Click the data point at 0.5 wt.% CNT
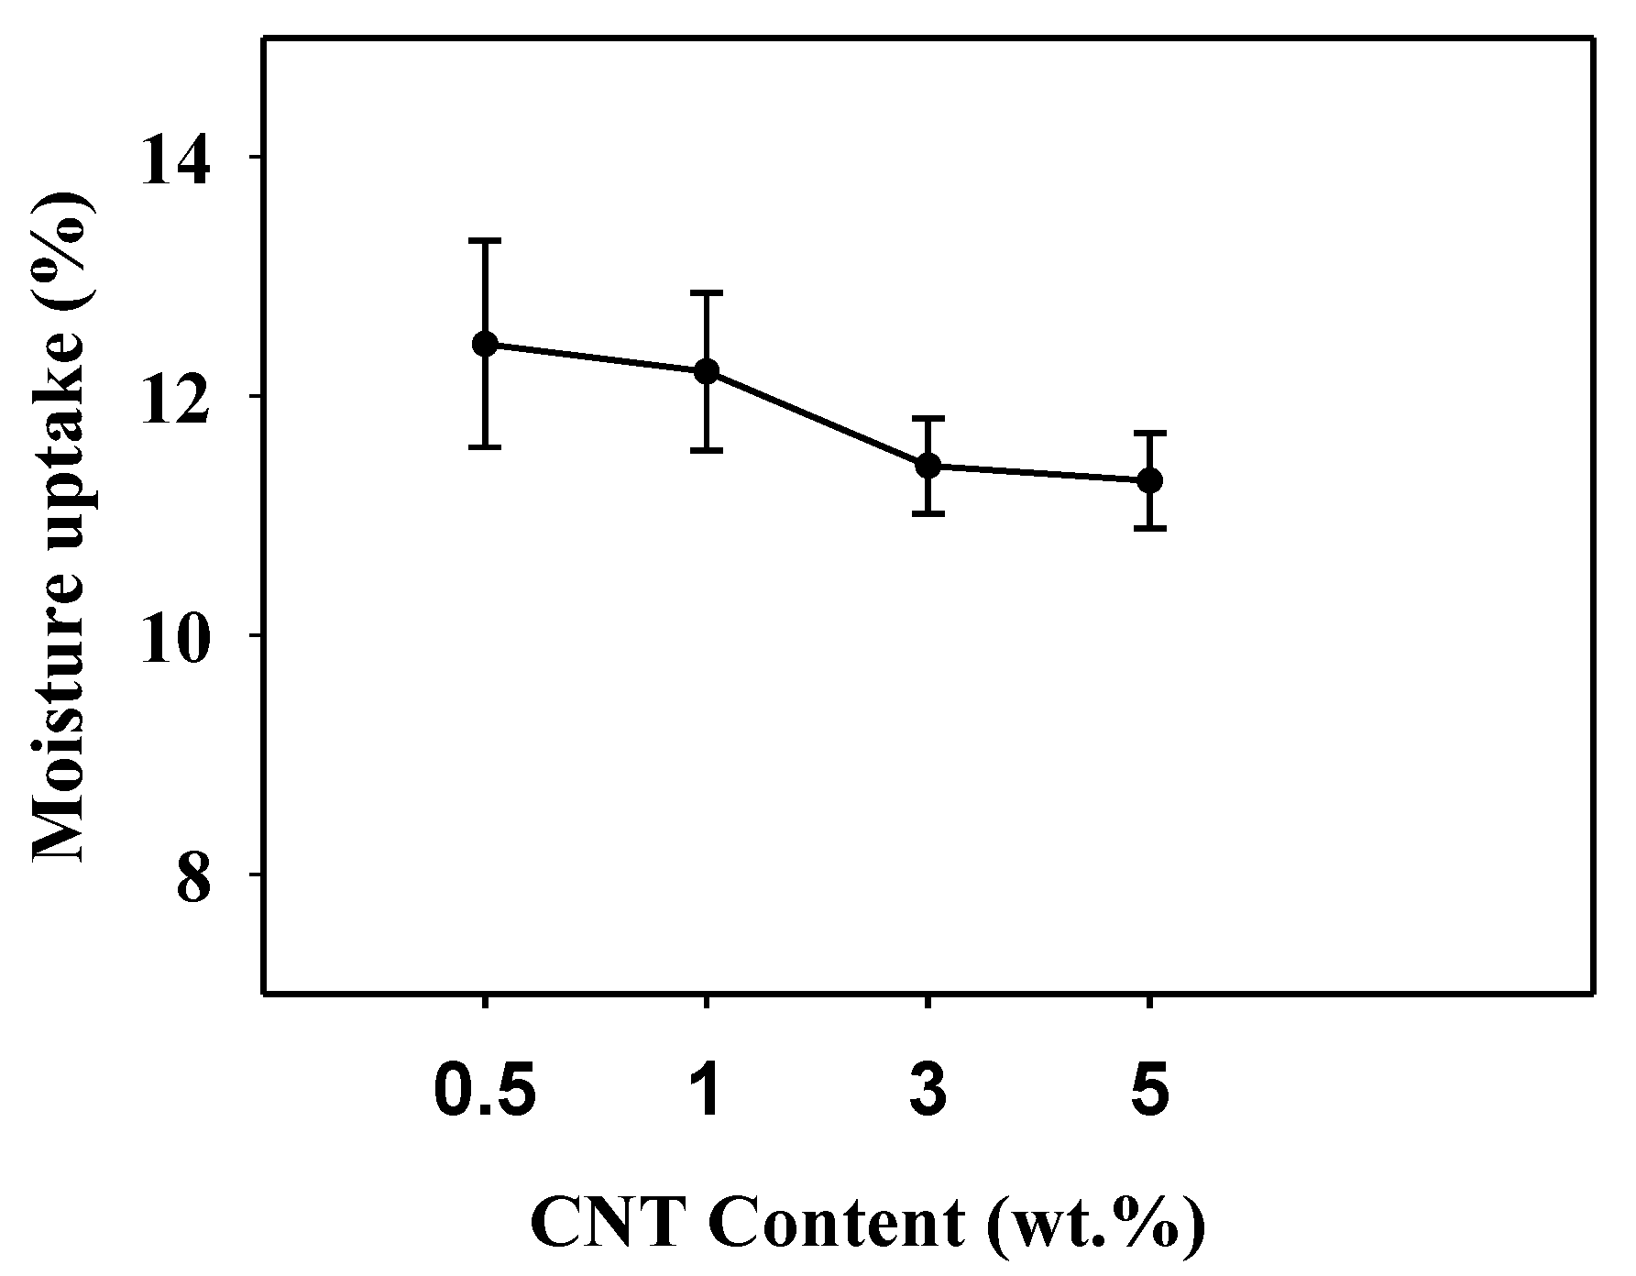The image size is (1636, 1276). pos(485,345)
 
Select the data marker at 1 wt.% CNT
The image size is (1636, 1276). pos(707,371)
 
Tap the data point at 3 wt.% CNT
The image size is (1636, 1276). pos(928,466)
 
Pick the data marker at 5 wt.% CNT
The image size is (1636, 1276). pos(1149,480)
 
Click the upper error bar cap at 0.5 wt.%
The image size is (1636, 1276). pos(485,240)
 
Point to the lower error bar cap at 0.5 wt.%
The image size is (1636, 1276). pos(485,447)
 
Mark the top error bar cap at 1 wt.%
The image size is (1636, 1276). pos(707,292)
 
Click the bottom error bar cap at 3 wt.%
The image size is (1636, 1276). pos(928,514)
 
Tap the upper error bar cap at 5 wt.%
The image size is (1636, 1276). pos(1149,432)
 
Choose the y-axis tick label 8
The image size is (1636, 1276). pos(194,874)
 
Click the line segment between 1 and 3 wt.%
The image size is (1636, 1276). pos(818,418)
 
